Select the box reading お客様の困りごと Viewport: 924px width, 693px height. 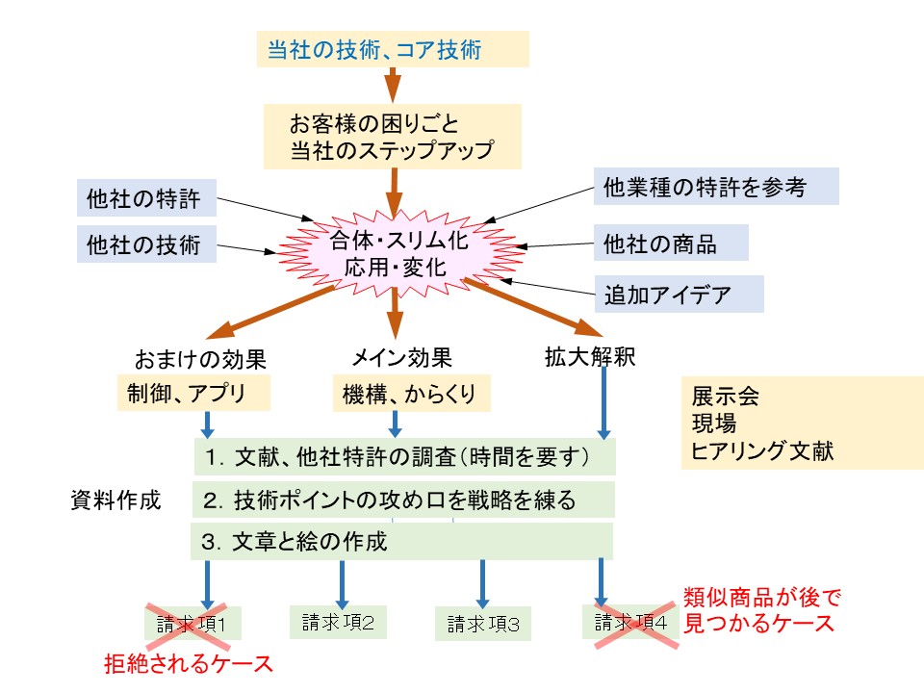393,136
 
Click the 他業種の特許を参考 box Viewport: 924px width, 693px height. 715,186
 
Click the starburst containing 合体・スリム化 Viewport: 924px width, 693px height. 398,253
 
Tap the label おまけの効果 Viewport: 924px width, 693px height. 201,359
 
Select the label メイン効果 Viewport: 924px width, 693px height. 401,358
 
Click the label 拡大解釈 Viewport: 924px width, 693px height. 589,357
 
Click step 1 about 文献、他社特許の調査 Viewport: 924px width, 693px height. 404,456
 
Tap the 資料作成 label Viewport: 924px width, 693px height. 115,500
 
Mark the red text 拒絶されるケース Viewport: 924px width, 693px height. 189,663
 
